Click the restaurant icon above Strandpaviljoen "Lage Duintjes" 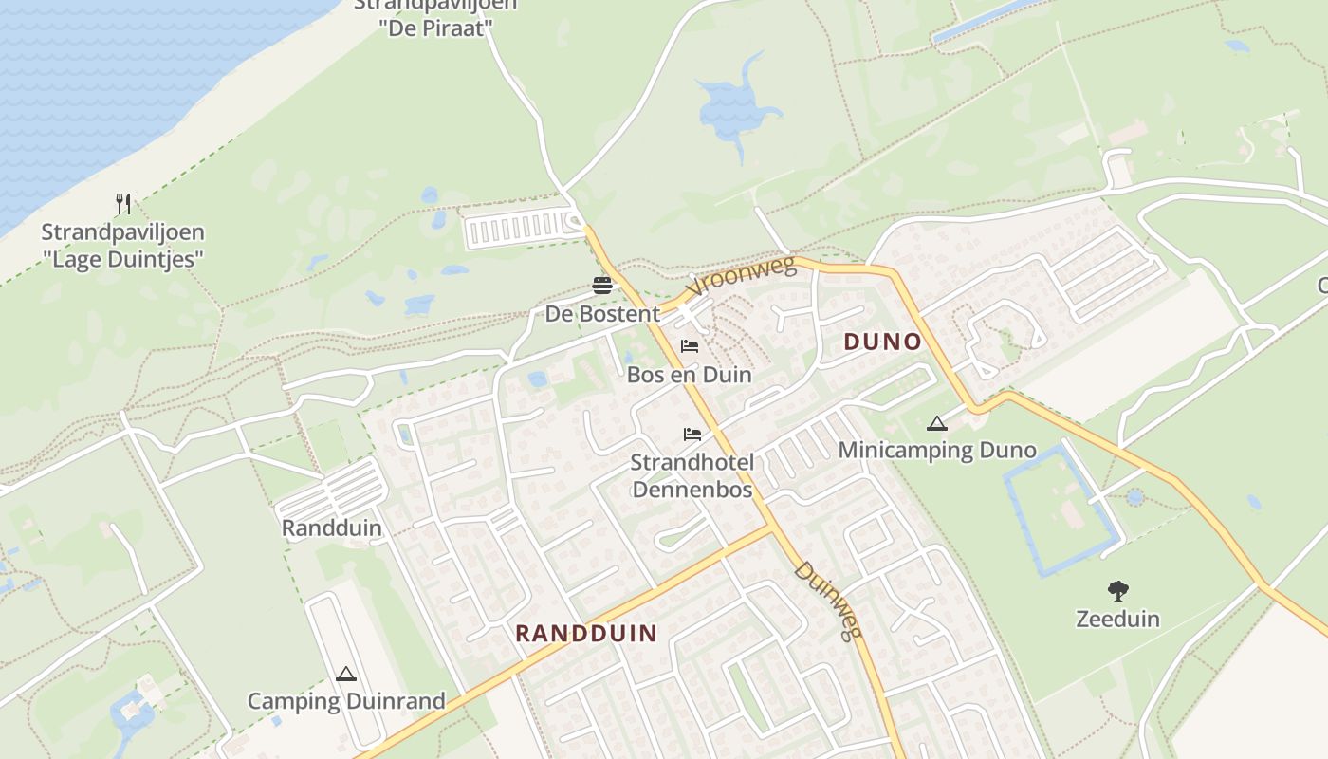122,203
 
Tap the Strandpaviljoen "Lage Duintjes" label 122,245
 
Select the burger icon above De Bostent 601,285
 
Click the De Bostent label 601,313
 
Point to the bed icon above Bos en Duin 690,346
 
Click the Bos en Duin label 690,375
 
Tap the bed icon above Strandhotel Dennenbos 692,435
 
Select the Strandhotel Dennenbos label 692,476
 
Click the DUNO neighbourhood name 882,342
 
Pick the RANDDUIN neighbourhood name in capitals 586,633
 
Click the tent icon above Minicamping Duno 937,423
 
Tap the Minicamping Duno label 937,451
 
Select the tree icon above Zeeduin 1118,591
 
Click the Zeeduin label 1118,620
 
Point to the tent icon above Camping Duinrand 346,675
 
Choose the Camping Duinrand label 346,702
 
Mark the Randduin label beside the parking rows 332,528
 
